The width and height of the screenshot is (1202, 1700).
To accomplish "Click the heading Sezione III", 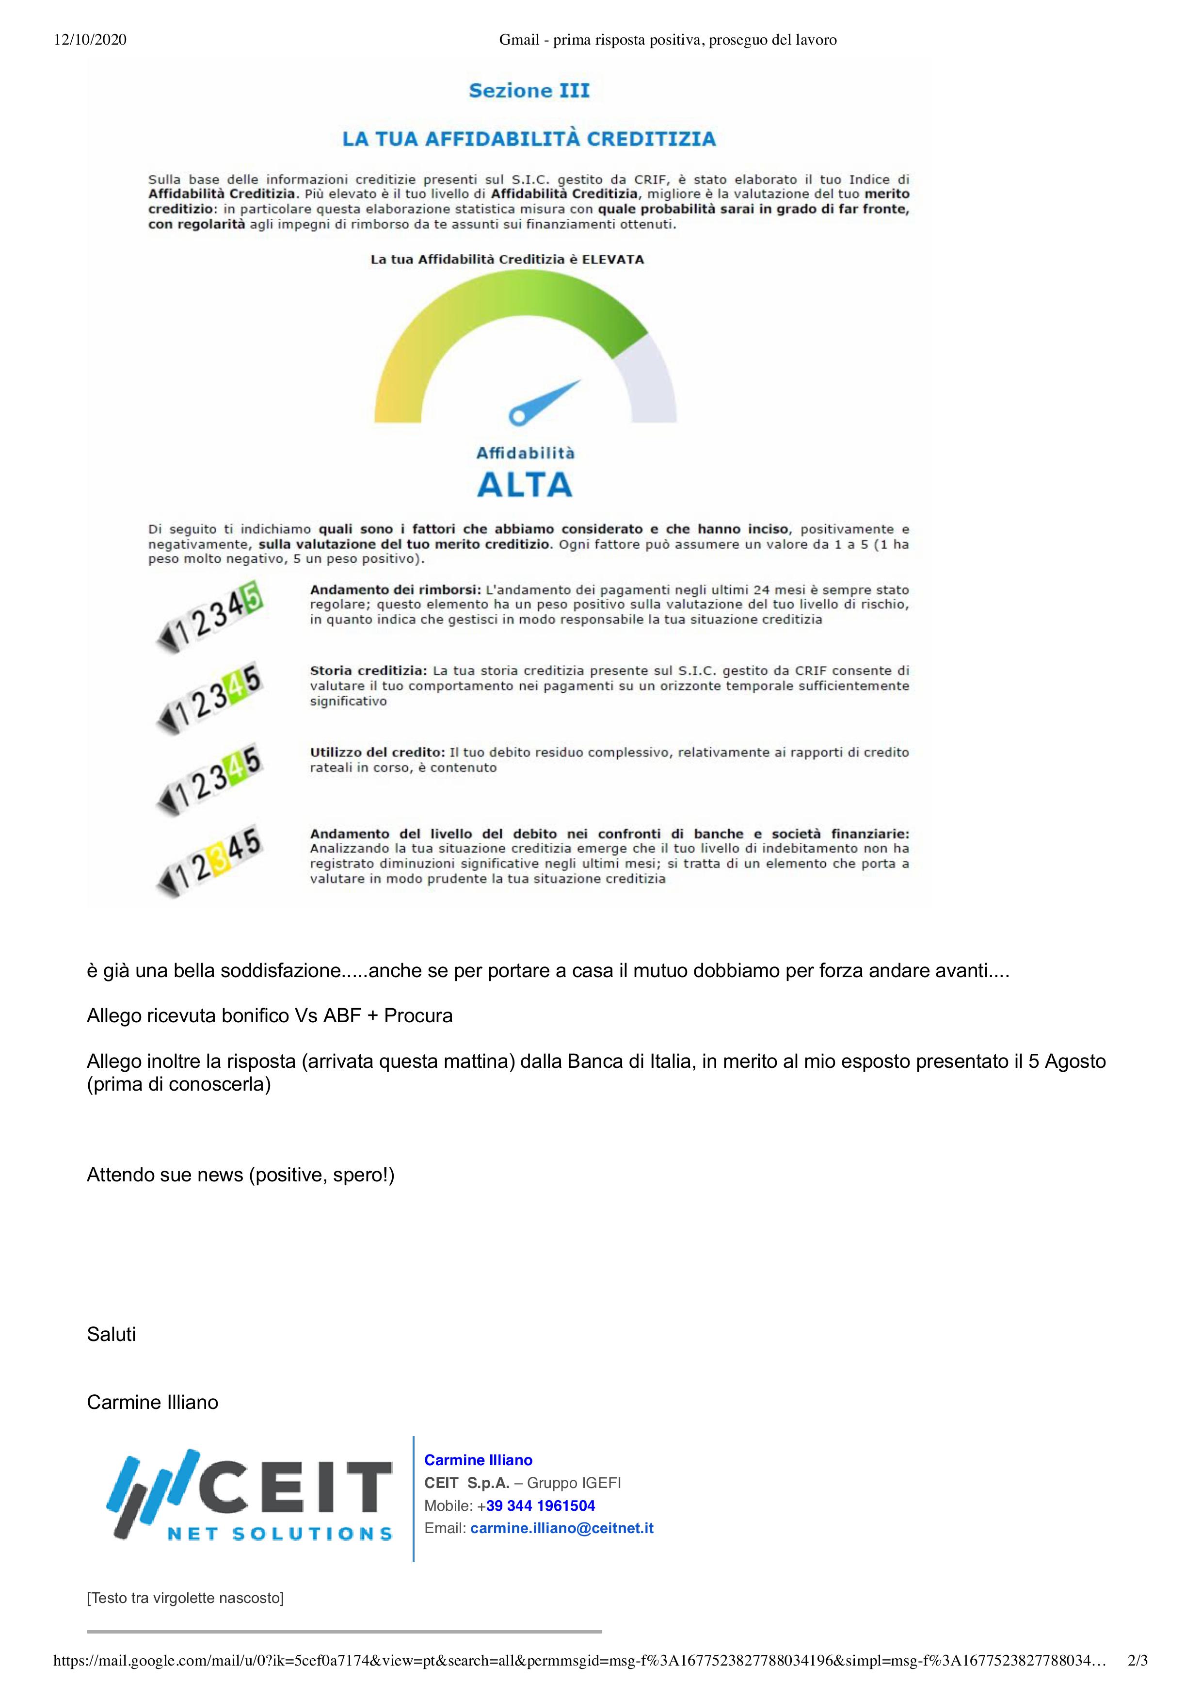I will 529,91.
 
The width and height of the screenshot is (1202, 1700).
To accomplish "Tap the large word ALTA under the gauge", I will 525,485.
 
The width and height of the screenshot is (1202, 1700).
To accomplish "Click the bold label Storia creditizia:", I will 368,671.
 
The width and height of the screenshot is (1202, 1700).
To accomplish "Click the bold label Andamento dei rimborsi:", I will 395,590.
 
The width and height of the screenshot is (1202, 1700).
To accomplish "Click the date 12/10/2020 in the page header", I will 90,40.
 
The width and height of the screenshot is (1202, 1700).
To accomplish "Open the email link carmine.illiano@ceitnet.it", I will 562,1527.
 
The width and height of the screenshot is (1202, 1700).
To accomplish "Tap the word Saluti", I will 111,1334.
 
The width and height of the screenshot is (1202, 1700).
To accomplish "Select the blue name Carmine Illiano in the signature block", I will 478,1460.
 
